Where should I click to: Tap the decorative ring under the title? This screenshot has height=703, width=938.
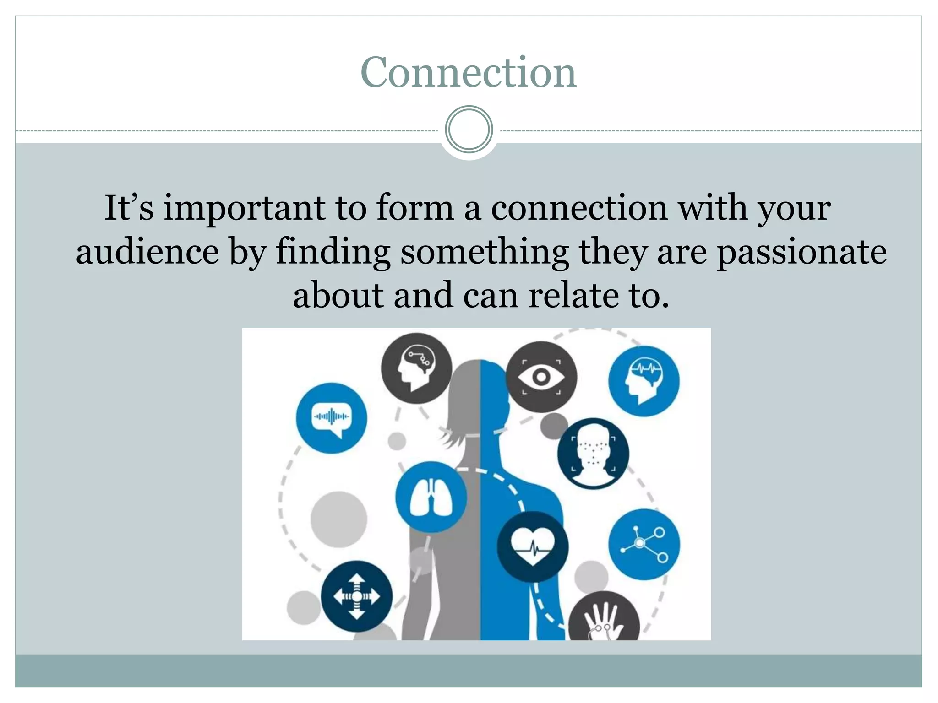(x=469, y=130)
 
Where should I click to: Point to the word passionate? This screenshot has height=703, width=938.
(x=801, y=253)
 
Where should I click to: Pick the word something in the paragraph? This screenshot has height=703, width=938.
(x=485, y=253)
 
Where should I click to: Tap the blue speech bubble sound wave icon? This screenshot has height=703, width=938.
(x=331, y=418)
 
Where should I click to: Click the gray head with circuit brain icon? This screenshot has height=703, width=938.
(x=416, y=368)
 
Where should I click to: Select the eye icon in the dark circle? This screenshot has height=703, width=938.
(x=541, y=377)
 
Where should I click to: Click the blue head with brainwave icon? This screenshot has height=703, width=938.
(x=644, y=381)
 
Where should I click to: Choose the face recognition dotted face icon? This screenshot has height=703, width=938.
(x=593, y=454)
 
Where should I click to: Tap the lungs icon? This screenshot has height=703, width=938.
(x=431, y=497)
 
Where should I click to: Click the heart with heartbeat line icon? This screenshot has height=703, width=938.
(x=533, y=546)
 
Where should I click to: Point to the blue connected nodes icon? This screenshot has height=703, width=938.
(x=644, y=544)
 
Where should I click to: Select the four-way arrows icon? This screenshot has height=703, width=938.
(x=356, y=596)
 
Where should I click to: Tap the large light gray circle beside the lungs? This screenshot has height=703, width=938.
(x=338, y=519)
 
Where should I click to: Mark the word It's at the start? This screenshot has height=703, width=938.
(x=129, y=209)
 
